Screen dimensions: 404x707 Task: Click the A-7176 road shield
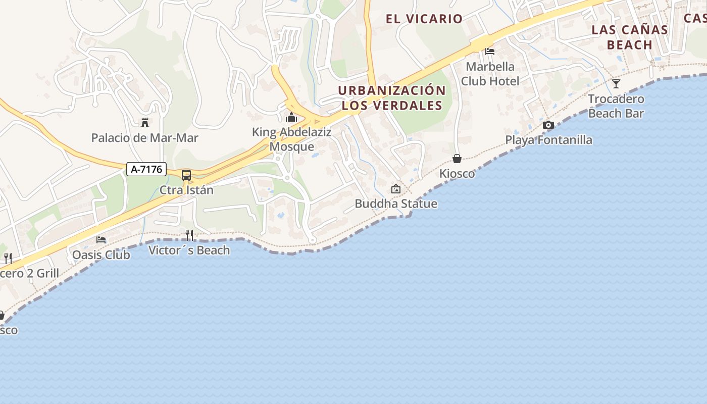tap(146, 169)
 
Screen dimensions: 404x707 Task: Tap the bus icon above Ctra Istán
tap(186, 175)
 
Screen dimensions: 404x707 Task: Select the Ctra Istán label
tap(186, 190)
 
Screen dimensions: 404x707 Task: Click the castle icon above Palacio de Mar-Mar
tap(145, 122)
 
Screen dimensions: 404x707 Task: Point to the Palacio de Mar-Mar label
tap(144, 137)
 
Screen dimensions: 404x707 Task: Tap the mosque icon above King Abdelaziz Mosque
tap(291, 118)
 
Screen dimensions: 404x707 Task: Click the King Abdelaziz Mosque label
tap(292, 139)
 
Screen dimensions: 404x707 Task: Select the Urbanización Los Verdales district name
tap(392, 98)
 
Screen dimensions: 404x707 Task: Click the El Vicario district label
tap(424, 19)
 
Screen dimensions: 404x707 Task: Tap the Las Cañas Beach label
tap(630, 37)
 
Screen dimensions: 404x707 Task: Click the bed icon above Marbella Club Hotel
tap(490, 51)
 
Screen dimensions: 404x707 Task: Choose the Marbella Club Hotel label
tap(490, 74)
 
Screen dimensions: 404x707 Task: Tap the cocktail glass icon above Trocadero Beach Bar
tap(616, 83)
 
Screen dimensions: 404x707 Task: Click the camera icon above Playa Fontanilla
tap(548, 125)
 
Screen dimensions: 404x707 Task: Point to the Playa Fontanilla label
tap(549, 140)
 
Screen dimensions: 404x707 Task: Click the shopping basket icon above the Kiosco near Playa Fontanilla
tap(457, 159)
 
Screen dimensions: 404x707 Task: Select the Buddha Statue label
tap(396, 204)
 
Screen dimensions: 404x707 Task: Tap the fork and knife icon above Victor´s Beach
tap(189, 235)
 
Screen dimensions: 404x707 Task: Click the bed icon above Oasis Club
tap(101, 239)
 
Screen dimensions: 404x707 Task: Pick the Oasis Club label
tap(101, 255)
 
